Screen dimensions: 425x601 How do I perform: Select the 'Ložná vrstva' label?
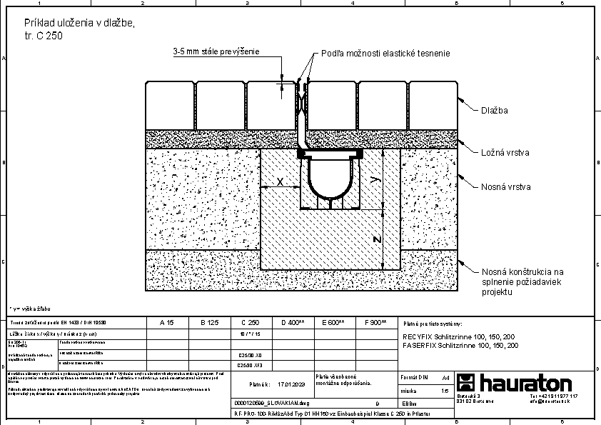505,152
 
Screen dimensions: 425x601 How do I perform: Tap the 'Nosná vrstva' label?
505,186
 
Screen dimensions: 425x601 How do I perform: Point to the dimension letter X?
280,182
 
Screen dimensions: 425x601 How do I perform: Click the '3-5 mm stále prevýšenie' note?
216,51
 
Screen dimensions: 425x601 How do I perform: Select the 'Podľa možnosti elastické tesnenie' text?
385,54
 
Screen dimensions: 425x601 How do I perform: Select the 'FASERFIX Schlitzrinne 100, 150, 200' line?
460,345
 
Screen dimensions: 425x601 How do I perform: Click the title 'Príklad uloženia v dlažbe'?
79,23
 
